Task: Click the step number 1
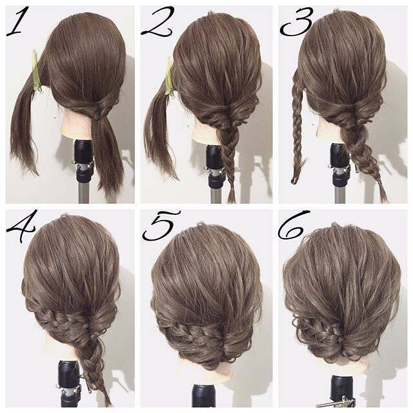[x=17, y=21]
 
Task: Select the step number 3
[x=297, y=21]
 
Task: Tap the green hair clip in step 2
[x=169, y=77]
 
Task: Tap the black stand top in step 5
[x=203, y=396]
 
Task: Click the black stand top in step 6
[x=342, y=390]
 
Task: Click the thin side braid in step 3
[x=298, y=126]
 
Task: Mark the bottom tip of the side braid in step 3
[x=293, y=182]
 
